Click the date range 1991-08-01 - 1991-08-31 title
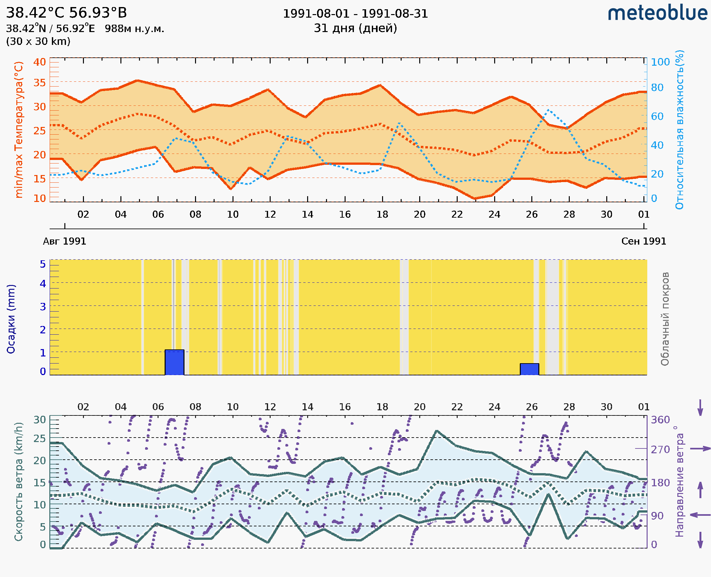click(355, 14)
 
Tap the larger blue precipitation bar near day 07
click(174, 362)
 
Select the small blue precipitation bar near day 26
click(529, 369)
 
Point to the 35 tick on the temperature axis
click(39, 82)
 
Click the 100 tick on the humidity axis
click(660, 62)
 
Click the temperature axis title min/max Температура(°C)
click(19, 130)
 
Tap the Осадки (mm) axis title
click(11, 319)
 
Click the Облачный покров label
click(665, 319)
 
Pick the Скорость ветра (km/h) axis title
click(19, 481)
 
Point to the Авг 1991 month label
click(64, 241)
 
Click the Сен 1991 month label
click(644, 241)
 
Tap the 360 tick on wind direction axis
click(660, 420)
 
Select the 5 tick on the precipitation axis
click(43, 264)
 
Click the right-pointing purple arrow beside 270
click(700, 449)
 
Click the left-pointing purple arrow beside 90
click(700, 515)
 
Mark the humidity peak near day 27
click(548, 110)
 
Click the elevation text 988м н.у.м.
click(135, 29)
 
